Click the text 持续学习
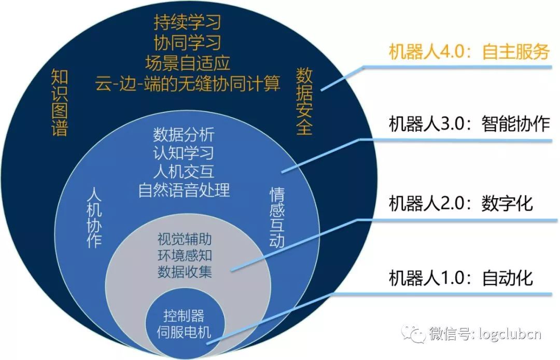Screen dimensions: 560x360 click(x=187, y=22)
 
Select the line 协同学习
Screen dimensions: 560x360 click(x=187, y=43)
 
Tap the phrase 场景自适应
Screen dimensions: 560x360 click(x=187, y=63)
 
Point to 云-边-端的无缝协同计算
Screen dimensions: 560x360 click(x=187, y=83)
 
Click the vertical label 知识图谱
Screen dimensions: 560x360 click(x=60, y=104)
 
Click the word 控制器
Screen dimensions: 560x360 click(x=184, y=315)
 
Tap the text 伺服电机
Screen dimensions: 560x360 click(x=184, y=332)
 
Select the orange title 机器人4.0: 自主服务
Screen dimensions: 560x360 click(x=469, y=52)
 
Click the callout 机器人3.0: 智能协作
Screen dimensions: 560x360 click(x=469, y=124)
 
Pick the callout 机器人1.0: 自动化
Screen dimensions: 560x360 click(x=461, y=278)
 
